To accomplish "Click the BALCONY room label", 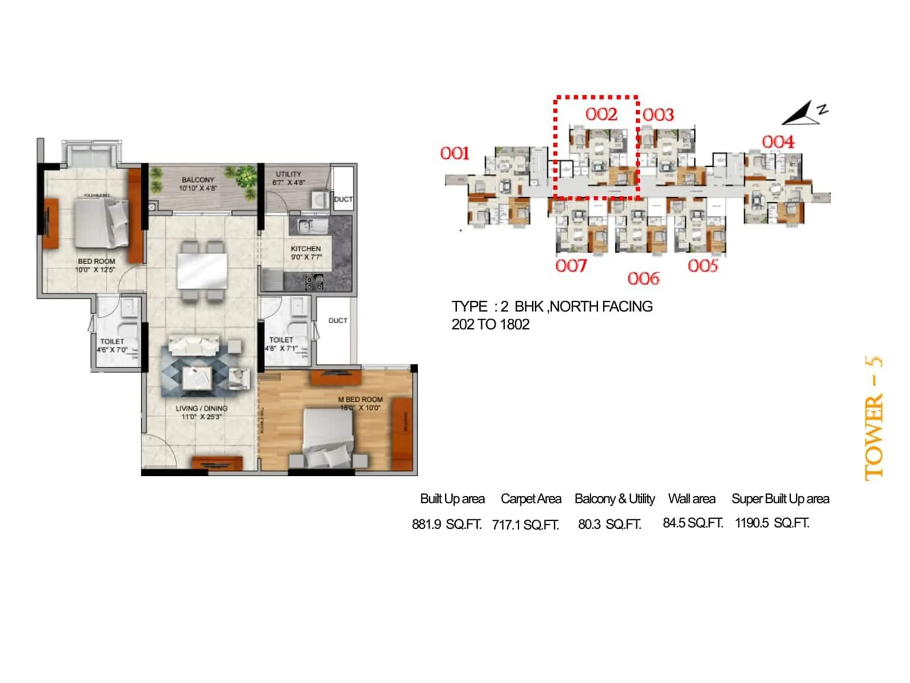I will click(198, 180).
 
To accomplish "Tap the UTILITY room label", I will click(288, 174).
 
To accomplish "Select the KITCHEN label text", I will click(306, 249).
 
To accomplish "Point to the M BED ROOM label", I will click(360, 400).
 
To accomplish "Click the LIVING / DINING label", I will click(201, 409).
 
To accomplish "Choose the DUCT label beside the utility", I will click(343, 199).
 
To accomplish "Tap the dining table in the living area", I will click(202, 270).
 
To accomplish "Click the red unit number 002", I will click(601, 114).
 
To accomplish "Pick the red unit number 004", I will click(777, 142).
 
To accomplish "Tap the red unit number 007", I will click(570, 266).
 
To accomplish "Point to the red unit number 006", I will click(643, 278).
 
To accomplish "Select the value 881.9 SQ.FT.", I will click(446, 524).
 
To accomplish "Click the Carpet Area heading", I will click(531, 499).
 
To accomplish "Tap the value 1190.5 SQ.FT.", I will click(772, 523).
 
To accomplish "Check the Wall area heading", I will click(692, 499).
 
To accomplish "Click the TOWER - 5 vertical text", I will click(874, 418).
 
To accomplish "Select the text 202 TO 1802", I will click(490, 324).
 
